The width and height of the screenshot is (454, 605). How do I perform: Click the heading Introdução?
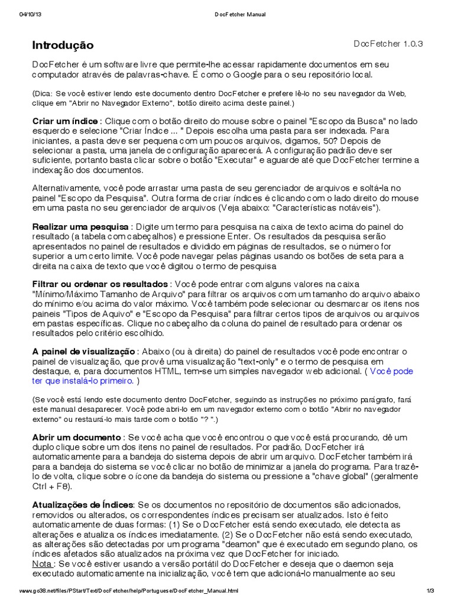tap(62, 45)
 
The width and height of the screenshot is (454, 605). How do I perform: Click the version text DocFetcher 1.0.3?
tap(388, 44)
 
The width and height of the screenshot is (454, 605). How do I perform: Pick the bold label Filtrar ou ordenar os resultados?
tap(100, 285)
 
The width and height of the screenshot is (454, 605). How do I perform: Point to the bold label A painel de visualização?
tap(84, 352)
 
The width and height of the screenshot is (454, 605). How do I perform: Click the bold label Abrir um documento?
tap(76, 437)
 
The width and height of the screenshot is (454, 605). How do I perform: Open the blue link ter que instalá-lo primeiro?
tap(83, 381)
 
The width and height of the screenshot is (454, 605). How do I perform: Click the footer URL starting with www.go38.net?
tap(129, 591)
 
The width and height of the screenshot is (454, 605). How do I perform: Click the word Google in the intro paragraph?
tap(268, 76)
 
